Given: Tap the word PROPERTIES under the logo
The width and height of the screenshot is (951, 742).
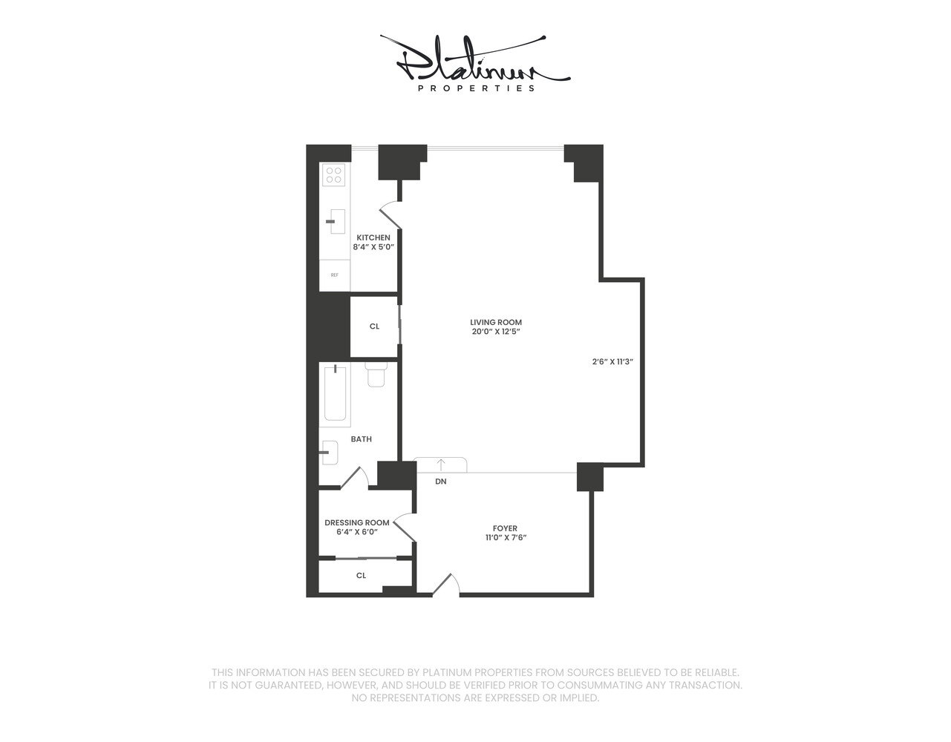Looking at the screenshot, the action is (x=476, y=88).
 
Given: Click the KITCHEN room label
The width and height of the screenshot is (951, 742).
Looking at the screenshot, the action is (x=373, y=237).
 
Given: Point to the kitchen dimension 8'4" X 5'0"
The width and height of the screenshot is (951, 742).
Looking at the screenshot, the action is (x=373, y=247).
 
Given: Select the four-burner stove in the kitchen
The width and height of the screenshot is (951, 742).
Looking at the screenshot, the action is (x=334, y=175).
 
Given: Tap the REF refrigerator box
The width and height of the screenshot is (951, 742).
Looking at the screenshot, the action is (x=334, y=275).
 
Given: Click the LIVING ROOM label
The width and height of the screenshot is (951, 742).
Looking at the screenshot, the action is (x=496, y=322).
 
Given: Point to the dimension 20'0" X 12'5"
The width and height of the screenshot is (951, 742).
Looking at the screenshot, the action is (x=496, y=332).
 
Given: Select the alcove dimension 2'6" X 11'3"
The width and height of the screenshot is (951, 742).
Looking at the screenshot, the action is (x=612, y=362).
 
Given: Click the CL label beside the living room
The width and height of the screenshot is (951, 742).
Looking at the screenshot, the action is (x=374, y=326).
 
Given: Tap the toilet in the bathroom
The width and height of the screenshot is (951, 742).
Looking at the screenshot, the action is (x=376, y=375).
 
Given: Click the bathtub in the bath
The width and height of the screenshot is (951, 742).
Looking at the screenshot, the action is (x=336, y=394).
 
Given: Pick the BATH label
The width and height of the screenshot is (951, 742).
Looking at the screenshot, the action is (x=361, y=439).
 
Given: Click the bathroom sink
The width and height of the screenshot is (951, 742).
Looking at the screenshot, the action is (x=331, y=453).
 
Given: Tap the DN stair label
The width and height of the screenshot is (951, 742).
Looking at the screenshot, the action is (x=441, y=482).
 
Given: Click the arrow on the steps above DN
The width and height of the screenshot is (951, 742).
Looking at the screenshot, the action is (x=441, y=464).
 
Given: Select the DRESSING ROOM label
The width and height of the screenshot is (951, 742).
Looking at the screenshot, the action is (x=356, y=522).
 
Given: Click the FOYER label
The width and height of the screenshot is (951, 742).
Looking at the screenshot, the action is (x=505, y=528).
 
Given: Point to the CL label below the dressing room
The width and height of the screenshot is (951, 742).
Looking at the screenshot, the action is (x=361, y=575).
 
